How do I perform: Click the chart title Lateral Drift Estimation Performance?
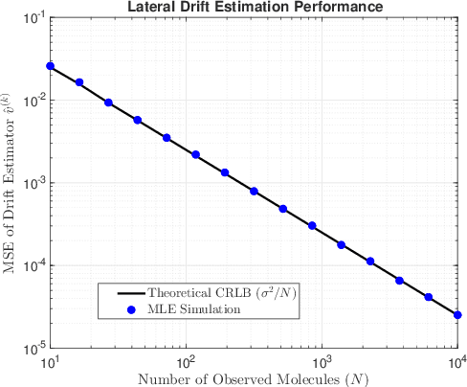coord(254,8)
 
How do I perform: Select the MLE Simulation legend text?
coord(190,307)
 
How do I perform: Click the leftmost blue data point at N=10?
coord(50,66)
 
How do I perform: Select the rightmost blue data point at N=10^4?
coord(457,315)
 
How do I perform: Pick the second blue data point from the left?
coord(79,82)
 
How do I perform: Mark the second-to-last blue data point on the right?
coord(428,297)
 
